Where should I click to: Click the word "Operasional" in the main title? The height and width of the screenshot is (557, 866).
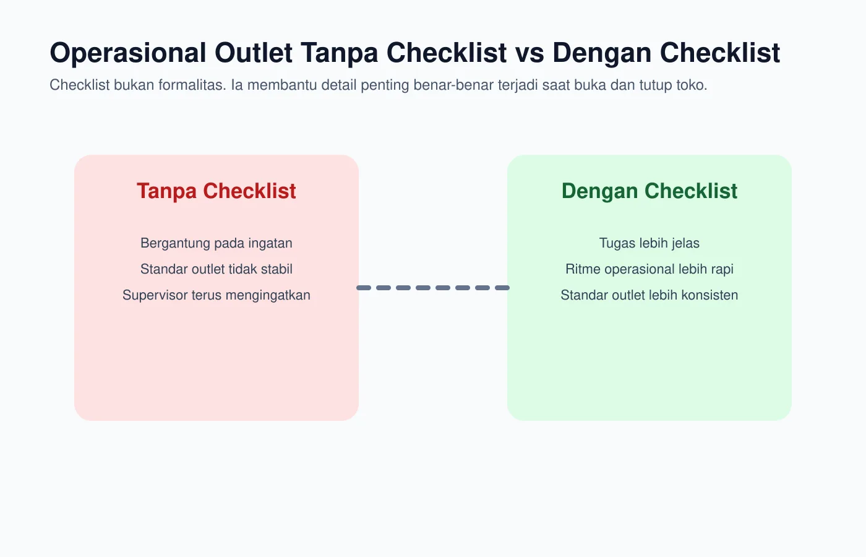tap(128, 53)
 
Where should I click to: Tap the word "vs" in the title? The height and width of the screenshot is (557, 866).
tap(529, 53)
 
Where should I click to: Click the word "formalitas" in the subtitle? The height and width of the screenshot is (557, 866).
tap(192, 85)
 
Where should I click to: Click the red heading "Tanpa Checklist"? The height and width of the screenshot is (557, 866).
tap(216, 191)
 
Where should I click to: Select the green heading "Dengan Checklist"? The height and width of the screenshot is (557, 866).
tap(649, 191)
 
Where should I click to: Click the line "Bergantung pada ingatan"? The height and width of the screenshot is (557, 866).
tap(216, 243)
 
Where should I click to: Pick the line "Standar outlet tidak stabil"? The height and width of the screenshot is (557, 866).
tap(216, 269)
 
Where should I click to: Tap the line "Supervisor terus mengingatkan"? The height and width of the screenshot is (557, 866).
tap(216, 295)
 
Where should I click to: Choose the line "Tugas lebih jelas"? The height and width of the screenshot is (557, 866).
tap(649, 243)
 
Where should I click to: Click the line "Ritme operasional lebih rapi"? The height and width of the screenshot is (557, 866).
tap(649, 269)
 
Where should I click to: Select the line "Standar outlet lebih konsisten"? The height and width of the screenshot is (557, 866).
tap(649, 295)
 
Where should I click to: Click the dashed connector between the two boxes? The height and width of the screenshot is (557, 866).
tap(433, 288)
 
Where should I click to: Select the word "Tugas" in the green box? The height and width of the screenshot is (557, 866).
tap(616, 243)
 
